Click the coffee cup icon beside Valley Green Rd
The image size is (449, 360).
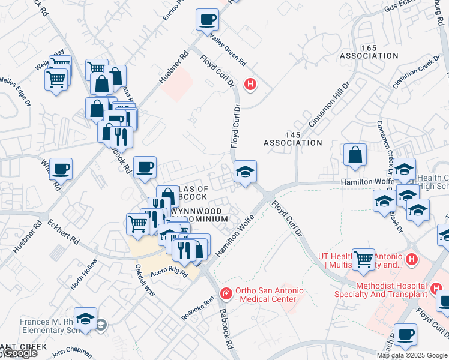point(207,20)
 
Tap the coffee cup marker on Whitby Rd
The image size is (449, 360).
point(61,169)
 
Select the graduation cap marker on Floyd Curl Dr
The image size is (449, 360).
point(245,172)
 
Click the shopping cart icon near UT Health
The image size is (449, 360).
point(364,260)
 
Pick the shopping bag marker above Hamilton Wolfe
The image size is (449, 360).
point(355,154)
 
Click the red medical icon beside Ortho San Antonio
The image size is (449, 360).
point(226,293)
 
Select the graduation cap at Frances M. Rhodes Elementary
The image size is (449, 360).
point(86,319)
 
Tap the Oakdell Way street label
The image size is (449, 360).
point(145,281)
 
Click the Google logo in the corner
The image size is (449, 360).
point(19,353)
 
